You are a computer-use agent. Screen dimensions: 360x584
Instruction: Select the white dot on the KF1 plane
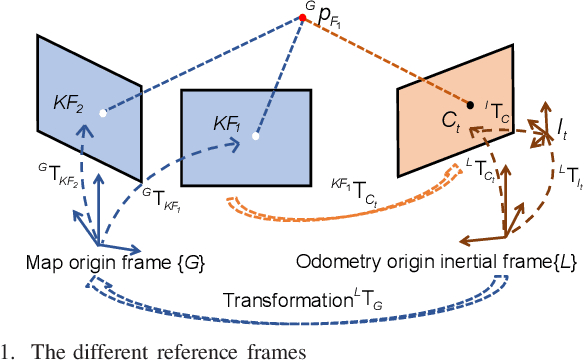coord(257,136)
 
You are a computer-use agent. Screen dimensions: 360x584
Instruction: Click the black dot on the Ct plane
coord(470,104)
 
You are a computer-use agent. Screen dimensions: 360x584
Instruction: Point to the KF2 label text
coord(68,103)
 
